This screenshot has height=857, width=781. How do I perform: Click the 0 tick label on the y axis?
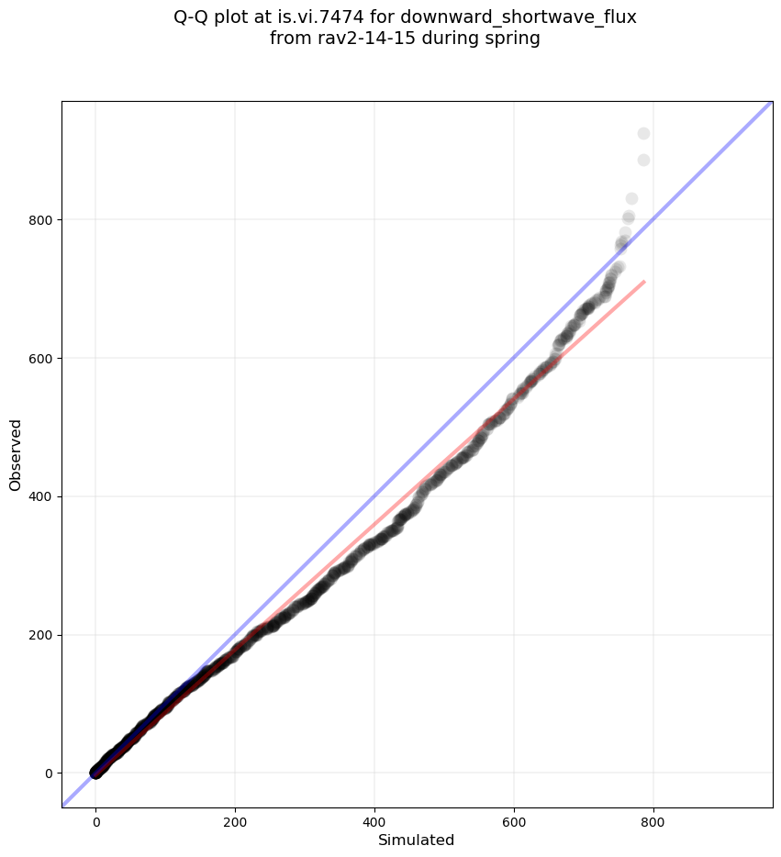click(48, 774)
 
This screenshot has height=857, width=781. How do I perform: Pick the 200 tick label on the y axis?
click(41, 635)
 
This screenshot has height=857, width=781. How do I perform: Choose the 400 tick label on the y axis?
click(41, 496)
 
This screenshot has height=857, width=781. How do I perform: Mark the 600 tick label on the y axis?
click(41, 358)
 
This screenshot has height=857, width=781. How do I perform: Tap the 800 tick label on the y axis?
click(41, 220)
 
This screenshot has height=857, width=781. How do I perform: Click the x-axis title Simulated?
click(417, 840)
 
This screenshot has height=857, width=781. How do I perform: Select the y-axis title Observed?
click(16, 454)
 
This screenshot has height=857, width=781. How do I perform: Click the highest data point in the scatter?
click(643, 134)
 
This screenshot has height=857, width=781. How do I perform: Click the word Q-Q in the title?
click(192, 17)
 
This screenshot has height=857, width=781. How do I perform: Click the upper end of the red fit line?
click(644, 282)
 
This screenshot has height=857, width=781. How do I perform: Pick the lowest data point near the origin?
click(95, 773)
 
